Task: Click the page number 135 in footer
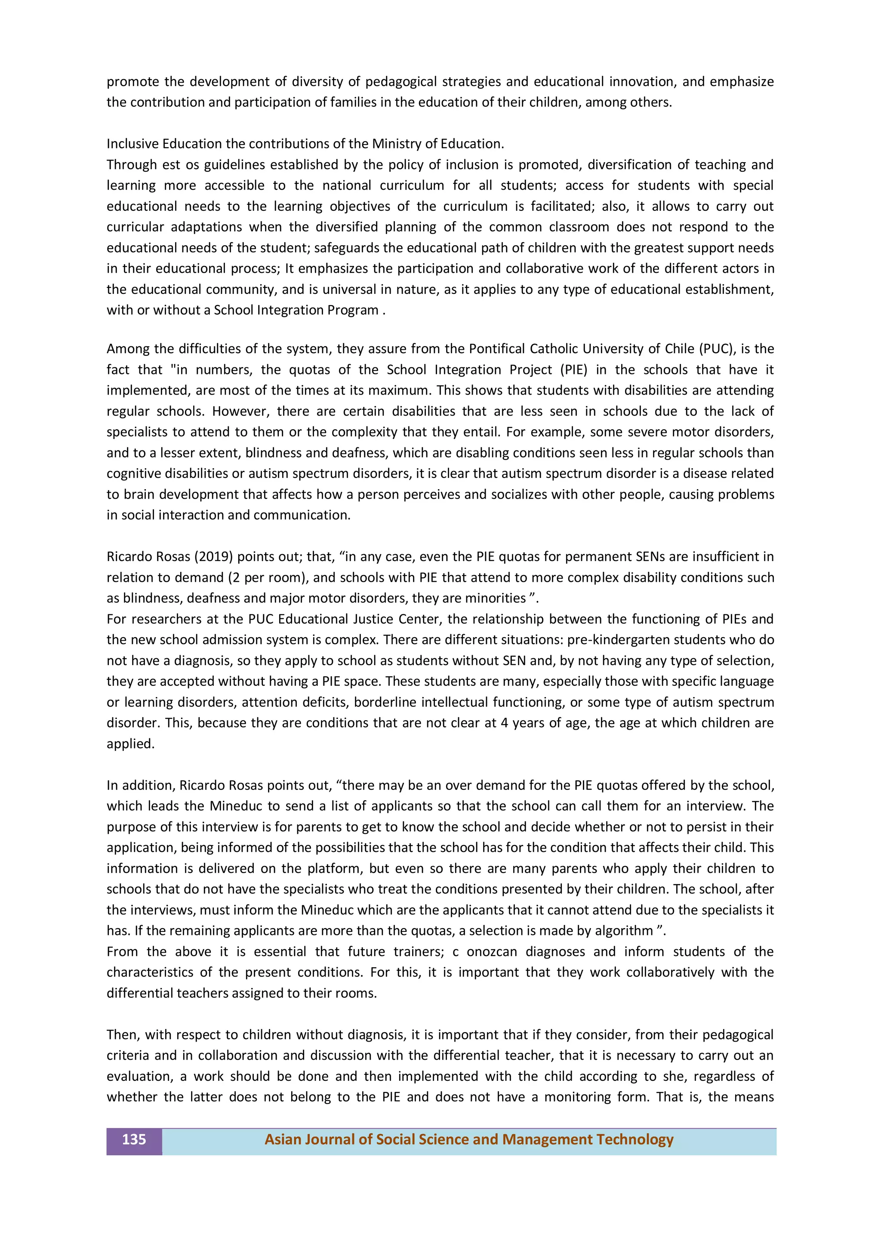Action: click(x=133, y=1139)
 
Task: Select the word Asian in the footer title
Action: click(x=283, y=1139)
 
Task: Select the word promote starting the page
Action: click(x=133, y=82)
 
